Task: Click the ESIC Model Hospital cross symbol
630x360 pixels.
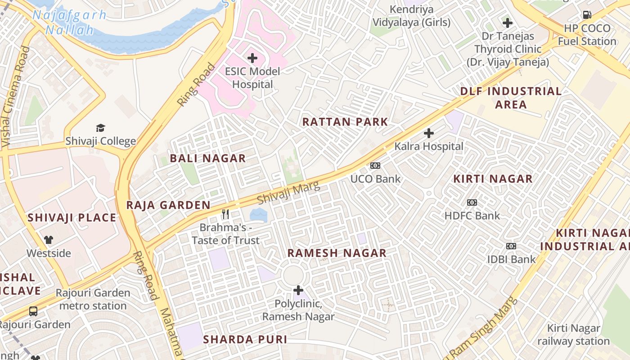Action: tap(252, 58)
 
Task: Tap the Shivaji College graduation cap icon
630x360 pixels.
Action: tap(100, 128)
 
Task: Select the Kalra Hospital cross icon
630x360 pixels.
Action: tap(429, 133)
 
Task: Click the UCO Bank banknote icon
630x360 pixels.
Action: tap(375, 166)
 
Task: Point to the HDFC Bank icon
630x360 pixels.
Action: tap(472, 202)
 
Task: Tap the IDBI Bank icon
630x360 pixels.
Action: tap(511, 246)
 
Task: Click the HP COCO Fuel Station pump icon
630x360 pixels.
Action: tap(587, 15)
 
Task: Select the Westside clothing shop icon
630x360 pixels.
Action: tap(49, 240)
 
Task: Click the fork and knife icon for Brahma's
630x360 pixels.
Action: tap(226, 214)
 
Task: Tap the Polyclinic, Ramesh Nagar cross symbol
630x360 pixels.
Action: tap(298, 290)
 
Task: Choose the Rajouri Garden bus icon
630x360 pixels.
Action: tap(33, 311)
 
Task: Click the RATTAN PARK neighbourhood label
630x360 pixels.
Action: tap(345, 122)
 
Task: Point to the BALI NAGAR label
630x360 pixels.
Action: tap(207, 158)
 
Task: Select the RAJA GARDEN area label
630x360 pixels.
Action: tap(168, 205)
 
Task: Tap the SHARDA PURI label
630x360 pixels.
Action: tap(245, 339)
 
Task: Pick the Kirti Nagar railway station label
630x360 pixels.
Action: tap(573, 335)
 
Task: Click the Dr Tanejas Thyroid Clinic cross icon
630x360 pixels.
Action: tap(508, 23)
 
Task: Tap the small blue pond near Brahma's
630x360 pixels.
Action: tap(258, 215)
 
